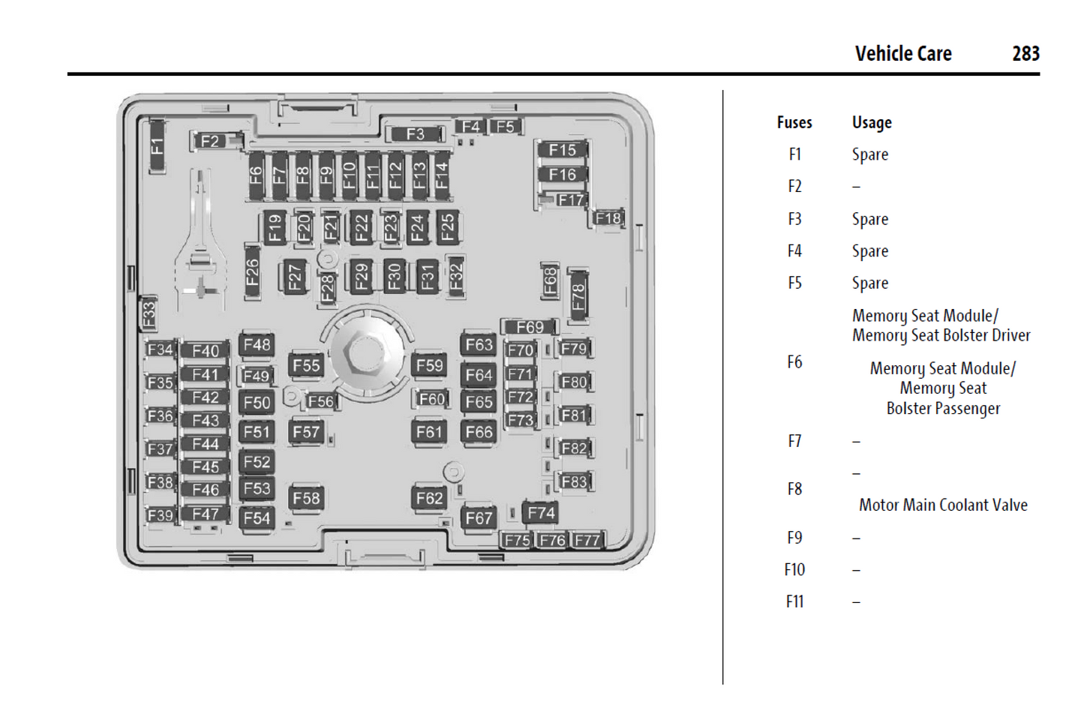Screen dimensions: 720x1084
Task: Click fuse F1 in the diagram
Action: click(x=157, y=145)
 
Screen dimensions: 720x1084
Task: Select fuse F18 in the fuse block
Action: click(x=608, y=218)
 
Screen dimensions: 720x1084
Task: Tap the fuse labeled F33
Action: click(x=149, y=313)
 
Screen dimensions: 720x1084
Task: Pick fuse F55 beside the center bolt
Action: click(x=306, y=365)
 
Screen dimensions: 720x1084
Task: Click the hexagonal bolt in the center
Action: click(x=365, y=352)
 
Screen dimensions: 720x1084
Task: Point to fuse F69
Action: click(x=530, y=327)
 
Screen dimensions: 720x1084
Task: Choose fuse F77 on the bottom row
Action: click(x=587, y=540)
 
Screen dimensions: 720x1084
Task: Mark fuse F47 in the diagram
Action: click(x=206, y=514)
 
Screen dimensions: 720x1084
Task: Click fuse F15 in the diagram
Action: click(x=562, y=150)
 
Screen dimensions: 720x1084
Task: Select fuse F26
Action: click(x=253, y=271)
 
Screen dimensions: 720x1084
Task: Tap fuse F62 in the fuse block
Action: click(x=429, y=497)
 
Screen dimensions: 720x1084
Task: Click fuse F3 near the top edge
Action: click(x=415, y=134)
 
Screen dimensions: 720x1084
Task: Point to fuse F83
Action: click(x=574, y=481)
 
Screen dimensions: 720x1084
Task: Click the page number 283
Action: click(x=1025, y=54)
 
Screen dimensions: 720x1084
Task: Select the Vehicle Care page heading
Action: click(x=903, y=54)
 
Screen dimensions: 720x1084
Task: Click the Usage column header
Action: click(x=872, y=122)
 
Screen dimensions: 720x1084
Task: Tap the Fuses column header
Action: click(x=794, y=122)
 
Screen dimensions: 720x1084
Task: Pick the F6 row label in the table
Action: click(x=794, y=362)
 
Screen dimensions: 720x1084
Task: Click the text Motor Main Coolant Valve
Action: click(x=943, y=505)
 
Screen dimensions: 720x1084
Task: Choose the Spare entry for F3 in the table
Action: click(x=870, y=219)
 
